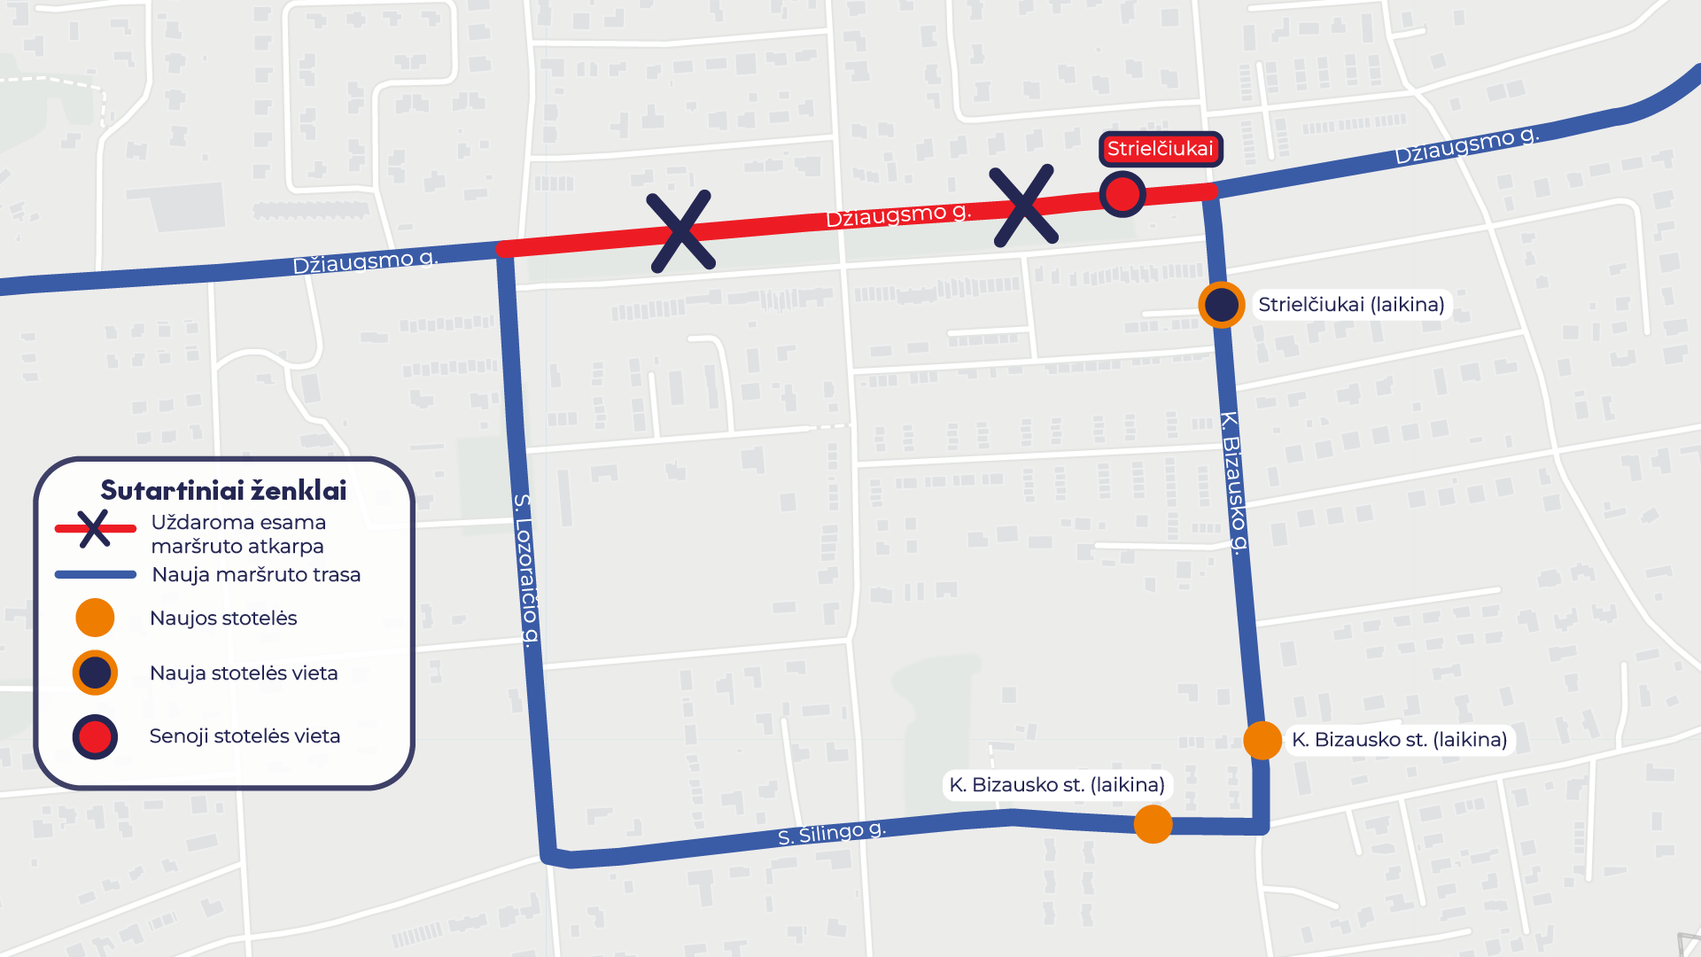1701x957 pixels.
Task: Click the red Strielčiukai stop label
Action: coord(1161,149)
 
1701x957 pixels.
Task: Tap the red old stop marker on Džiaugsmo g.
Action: coord(1122,194)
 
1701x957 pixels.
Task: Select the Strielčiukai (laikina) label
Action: coord(1351,305)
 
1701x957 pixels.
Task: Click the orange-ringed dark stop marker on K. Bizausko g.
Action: coord(1222,305)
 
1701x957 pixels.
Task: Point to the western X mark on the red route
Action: coord(680,231)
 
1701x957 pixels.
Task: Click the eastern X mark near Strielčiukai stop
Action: coord(1024,206)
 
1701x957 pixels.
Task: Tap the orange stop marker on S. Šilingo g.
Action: coord(1153,824)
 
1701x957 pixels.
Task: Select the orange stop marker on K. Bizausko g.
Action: coord(1262,740)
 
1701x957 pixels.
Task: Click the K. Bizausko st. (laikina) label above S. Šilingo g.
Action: coord(1057,785)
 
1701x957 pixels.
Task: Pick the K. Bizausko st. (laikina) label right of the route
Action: coord(1400,740)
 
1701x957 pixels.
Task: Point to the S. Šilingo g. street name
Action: coord(831,833)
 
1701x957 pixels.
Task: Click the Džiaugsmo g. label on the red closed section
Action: coord(898,214)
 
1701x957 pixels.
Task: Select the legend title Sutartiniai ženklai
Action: coord(223,490)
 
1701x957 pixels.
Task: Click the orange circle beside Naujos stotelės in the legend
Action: coord(95,618)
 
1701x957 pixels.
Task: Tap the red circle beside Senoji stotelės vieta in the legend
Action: coord(95,736)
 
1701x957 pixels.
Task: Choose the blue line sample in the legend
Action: coord(95,574)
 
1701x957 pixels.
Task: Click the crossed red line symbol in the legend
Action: coord(95,529)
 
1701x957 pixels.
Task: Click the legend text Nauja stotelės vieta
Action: coord(244,673)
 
